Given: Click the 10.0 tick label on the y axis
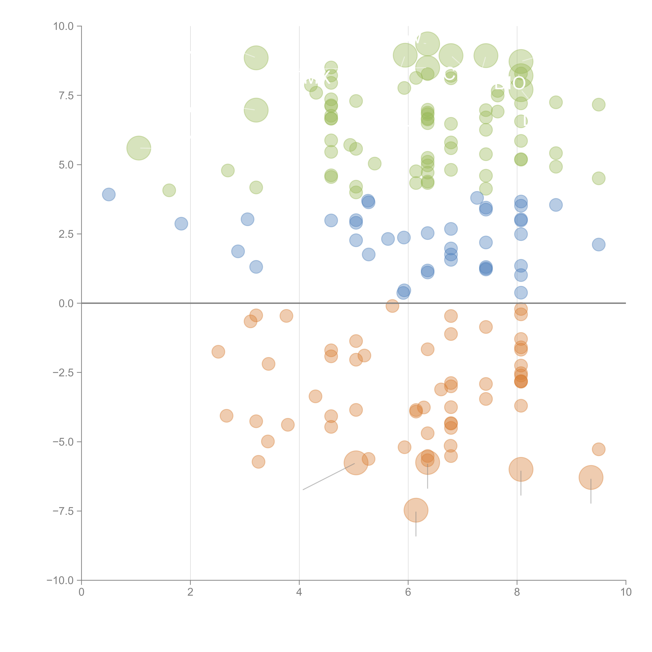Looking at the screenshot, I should [64, 26].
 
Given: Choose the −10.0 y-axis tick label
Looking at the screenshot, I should [61, 580].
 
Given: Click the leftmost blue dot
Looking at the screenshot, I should [109, 194].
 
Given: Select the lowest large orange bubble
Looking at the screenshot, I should [416, 510].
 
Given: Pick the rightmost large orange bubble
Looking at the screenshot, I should [591, 477].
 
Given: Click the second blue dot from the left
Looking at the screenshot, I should [181, 224].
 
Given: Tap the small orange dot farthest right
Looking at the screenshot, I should [598, 449].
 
